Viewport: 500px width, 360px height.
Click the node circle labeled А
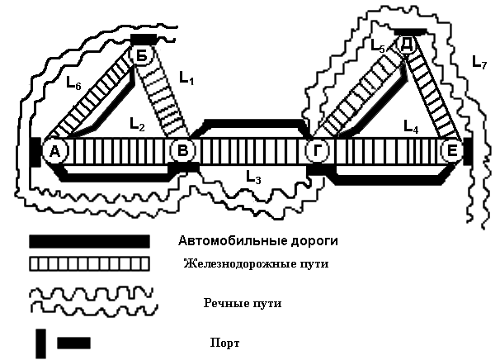point(54,151)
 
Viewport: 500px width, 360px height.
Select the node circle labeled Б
point(142,55)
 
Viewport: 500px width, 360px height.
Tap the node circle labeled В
point(182,150)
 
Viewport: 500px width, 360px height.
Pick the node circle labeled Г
point(318,150)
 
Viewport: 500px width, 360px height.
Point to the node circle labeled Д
point(406,45)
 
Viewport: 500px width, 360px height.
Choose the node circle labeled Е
point(452,150)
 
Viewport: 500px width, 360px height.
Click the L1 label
point(186,78)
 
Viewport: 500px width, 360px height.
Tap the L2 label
point(137,125)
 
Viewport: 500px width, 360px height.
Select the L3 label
point(253,177)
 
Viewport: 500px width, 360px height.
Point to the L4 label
point(411,126)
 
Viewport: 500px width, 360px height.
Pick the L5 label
point(379,45)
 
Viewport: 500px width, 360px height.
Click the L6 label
point(73,83)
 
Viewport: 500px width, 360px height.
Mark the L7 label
point(479,62)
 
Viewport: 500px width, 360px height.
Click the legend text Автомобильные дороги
point(258,240)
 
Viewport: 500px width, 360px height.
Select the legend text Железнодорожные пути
point(256,264)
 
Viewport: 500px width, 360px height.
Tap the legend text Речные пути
point(243,303)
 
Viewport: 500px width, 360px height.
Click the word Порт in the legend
point(224,343)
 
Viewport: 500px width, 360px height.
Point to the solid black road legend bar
point(90,241)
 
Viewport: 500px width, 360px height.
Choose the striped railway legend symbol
point(90,264)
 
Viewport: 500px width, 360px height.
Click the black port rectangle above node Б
point(144,40)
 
